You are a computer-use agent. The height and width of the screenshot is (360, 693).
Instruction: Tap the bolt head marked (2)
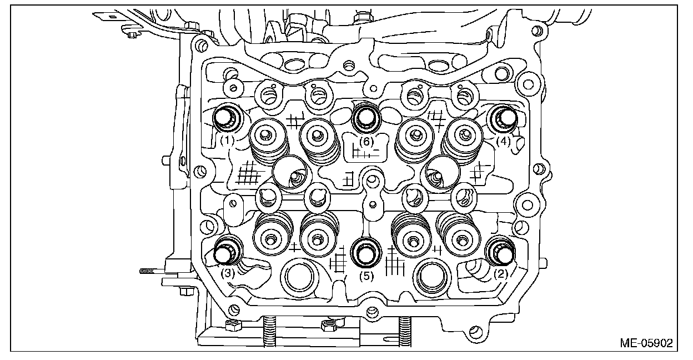[x=502, y=252]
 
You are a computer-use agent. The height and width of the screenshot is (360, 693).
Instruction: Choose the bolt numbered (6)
[x=365, y=117]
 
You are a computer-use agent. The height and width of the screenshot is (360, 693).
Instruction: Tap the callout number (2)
[x=500, y=273]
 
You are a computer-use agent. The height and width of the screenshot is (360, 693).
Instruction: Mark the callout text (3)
[x=227, y=273]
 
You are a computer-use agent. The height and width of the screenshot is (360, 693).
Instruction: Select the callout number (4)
[x=503, y=141]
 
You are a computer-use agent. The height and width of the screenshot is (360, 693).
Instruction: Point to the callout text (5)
[x=365, y=274]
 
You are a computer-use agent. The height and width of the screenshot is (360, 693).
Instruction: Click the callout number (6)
[x=365, y=141]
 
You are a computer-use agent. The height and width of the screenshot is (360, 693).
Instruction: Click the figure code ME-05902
[x=646, y=343]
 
